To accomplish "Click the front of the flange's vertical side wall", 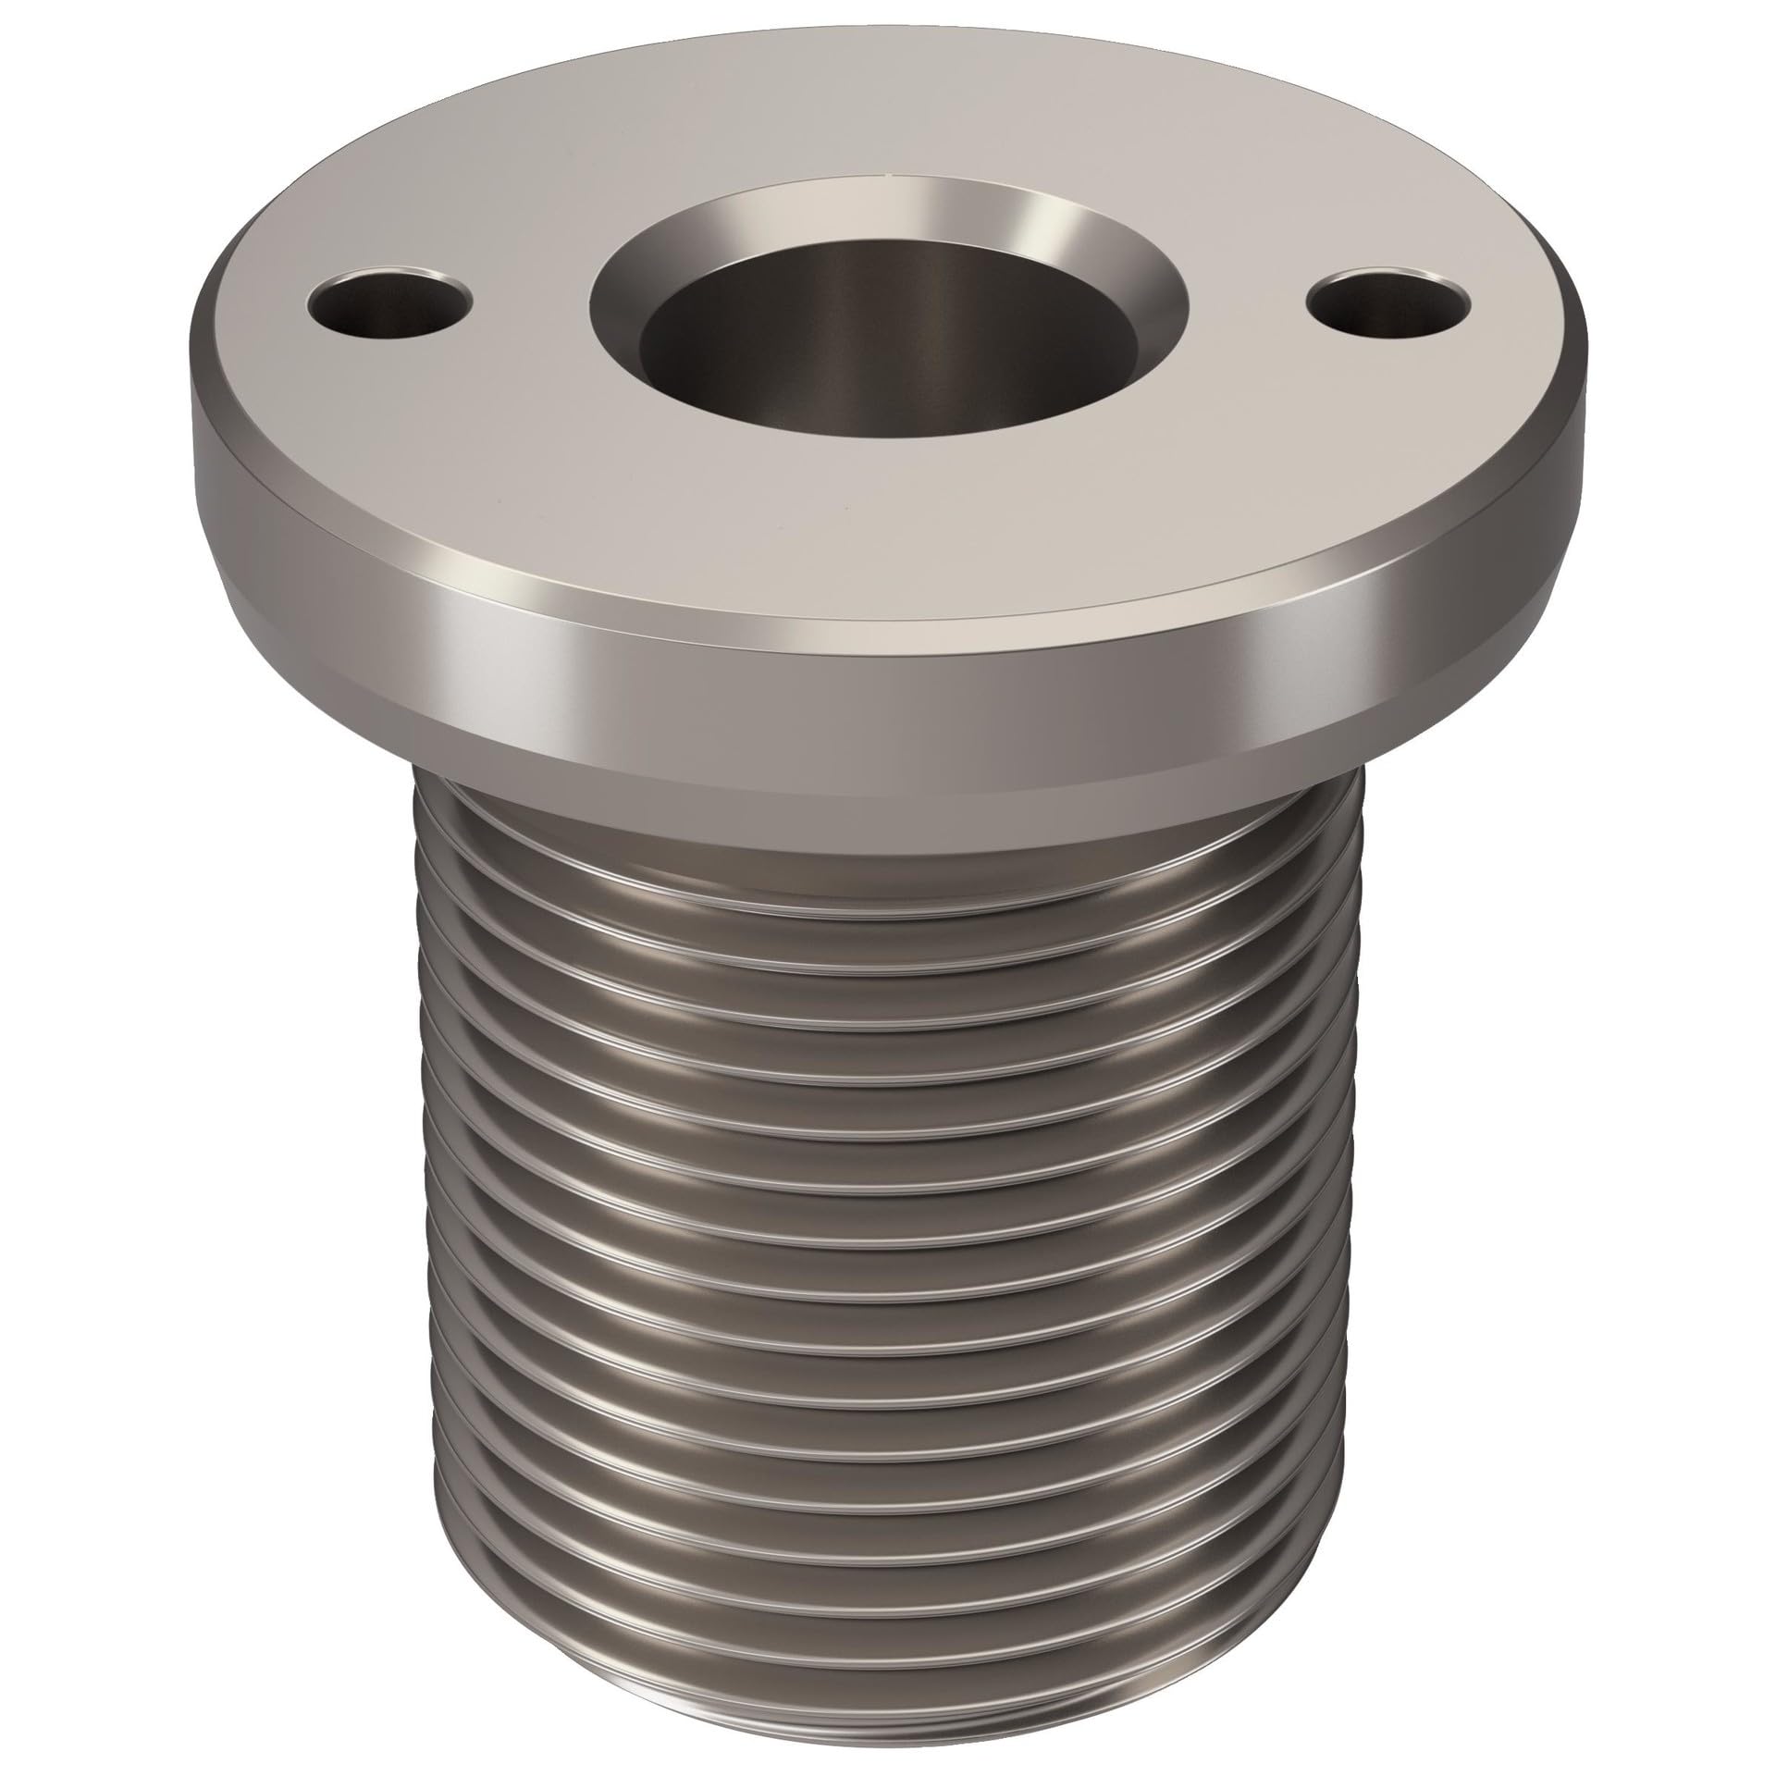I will point(888,684).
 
